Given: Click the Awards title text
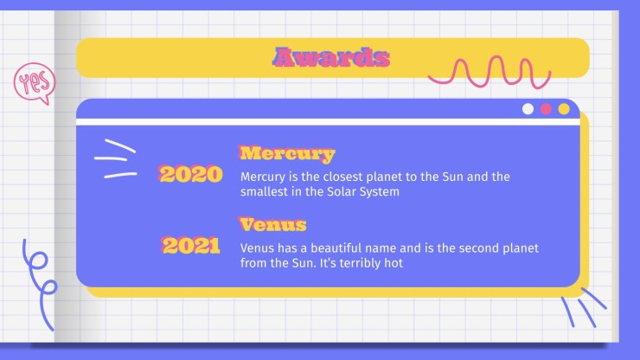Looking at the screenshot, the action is click(331, 57).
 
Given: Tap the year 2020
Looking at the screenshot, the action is click(190, 174).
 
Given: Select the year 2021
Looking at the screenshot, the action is click(190, 246).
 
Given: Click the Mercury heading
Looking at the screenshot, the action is click(286, 154).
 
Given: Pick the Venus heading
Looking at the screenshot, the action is click(272, 224).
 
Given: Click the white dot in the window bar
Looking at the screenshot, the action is click(528, 109).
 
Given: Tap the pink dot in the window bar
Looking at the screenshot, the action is click(546, 109).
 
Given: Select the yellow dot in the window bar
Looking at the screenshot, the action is click(564, 109).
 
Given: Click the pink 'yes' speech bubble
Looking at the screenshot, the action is click(35, 81).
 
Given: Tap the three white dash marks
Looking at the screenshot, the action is click(116, 158).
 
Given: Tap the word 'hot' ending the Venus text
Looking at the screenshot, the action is click(394, 263).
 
